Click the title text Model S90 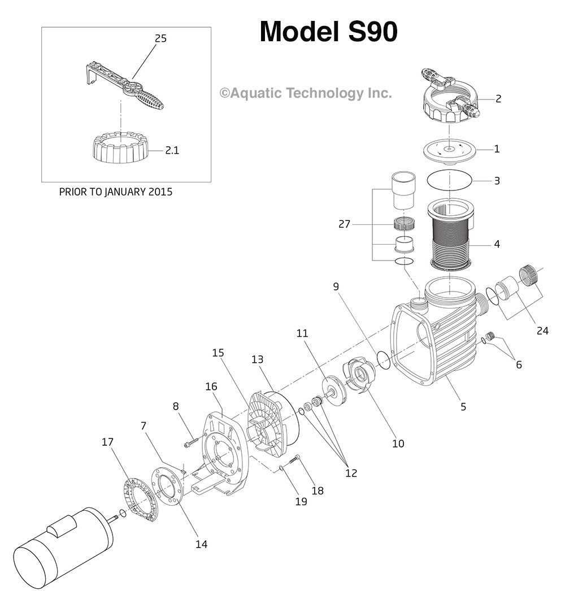pyautogui.click(x=328, y=32)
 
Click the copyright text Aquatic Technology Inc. pyautogui.click(x=305, y=93)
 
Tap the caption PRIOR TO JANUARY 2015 pyautogui.click(x=116, y=192)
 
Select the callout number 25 pyautogui.click(x=160, y=38)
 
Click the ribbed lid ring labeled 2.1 pyautogui.click(x=120, y=148)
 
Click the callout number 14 pyautogui.click(x=201, y=544)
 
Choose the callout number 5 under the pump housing pyautogui.click(x=463, y=406)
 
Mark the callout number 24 pyautogui.click(x=542, y=331)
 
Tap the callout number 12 pyautogui.click(x=351, y=473)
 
